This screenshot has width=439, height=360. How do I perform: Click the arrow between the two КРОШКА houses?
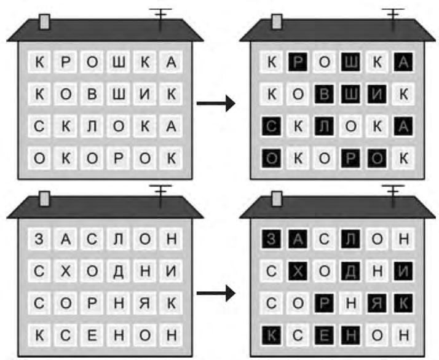[216, 103]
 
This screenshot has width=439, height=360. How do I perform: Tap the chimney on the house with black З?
[277, 199]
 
